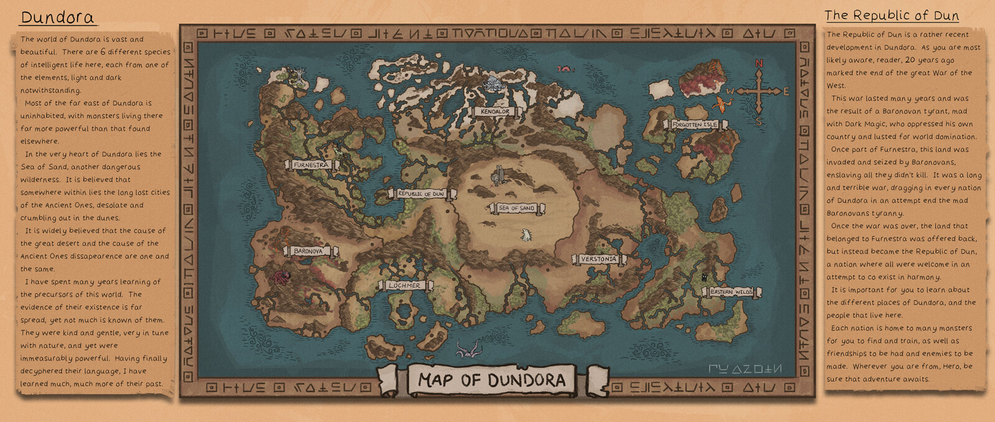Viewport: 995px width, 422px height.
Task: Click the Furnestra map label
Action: tap(311, 165)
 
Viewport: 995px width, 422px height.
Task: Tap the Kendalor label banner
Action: tap(495, 112)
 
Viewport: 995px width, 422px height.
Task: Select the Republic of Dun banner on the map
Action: tap(420, 194)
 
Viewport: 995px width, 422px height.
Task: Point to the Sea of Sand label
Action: tap(517, 208)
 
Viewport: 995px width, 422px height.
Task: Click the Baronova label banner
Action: tap(308, 251)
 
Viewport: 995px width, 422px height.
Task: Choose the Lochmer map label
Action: tap(404, 285)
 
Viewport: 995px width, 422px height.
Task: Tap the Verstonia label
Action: tap(598, 259)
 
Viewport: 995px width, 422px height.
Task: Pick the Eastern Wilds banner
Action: tap(731, 291)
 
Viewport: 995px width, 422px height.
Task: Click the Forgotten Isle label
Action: tap(695, 124)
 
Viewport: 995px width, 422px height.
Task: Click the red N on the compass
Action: tap(759, 63)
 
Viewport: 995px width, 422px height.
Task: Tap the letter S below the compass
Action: tap(759, 121)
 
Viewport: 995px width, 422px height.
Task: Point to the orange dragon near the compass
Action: tap(720, 103)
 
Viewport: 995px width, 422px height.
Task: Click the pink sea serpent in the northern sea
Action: tap(565, 69)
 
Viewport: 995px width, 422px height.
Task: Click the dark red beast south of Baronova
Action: tap(282, 276)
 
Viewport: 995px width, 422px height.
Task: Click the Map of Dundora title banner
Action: tap(491, 380)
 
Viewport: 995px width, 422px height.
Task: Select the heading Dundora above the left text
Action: tap(57, 17)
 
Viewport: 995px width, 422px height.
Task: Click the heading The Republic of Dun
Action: tap(891, 16)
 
